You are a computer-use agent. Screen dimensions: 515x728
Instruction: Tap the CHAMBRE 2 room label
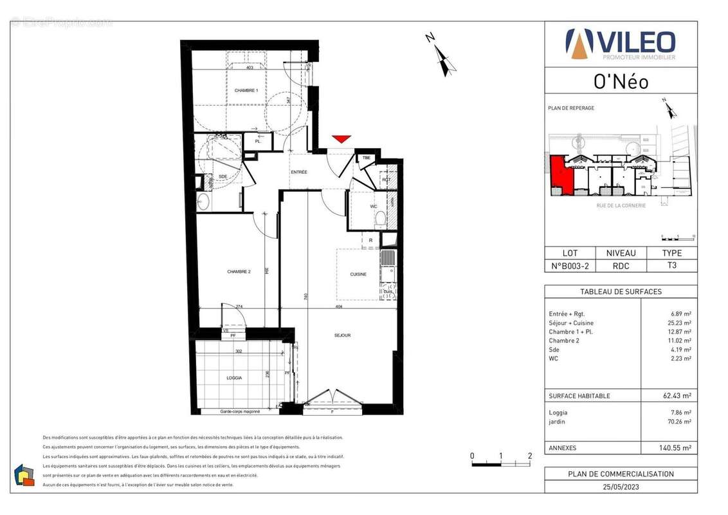239,272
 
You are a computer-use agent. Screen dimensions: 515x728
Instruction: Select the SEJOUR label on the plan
342,335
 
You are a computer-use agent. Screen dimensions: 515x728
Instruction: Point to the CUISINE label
358,274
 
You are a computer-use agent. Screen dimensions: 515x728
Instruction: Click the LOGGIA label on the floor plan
234,378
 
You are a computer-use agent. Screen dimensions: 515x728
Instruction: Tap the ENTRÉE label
298,173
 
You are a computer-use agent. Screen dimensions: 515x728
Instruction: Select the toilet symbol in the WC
380,218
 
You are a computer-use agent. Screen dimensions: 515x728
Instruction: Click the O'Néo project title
620,82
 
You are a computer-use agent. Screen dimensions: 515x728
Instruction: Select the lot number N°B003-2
570,265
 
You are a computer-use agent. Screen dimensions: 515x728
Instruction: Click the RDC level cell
621,265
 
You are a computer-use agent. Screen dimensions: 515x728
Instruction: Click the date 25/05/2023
621,486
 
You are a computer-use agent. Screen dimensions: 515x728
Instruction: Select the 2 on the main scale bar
529,456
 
